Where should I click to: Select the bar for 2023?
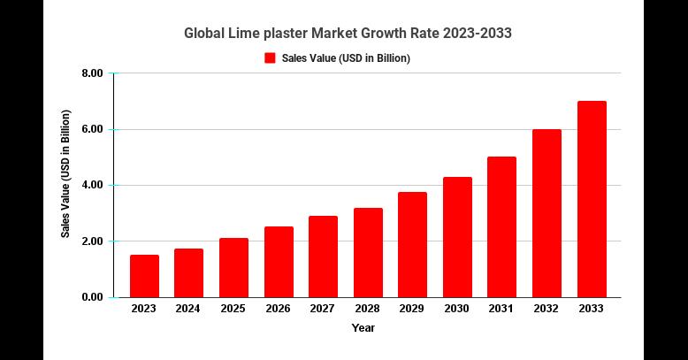coord(144,276)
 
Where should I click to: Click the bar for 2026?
coord(279,262)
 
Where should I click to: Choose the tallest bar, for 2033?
coord(592,199)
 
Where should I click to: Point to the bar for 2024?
coord(188,272)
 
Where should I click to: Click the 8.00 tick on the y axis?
coord(91,73)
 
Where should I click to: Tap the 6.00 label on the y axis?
coord(91,129)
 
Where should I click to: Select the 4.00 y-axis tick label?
coord(91,186)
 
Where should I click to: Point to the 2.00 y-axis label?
coord(91,241)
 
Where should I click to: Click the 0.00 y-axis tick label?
coord(91,297)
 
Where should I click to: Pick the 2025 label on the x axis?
coord(233,309)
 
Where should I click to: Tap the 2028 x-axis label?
coord(368,309)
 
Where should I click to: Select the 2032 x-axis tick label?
coord(547,309)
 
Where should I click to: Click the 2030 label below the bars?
coord(457,309)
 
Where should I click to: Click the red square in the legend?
coord(271,58)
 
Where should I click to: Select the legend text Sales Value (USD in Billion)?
coord(346,58)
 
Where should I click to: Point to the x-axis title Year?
coord(363,328)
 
